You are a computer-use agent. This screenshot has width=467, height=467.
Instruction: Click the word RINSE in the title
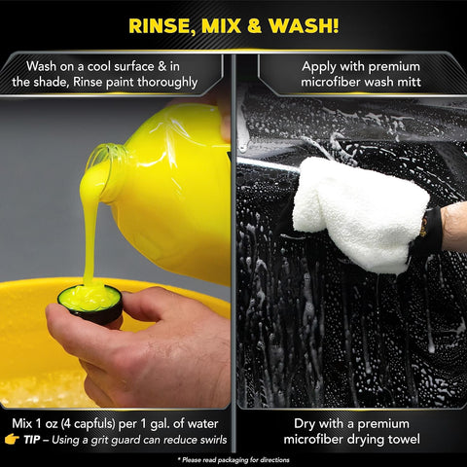coord(161,23)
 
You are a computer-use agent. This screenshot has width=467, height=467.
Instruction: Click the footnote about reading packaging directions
coord(233,457)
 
